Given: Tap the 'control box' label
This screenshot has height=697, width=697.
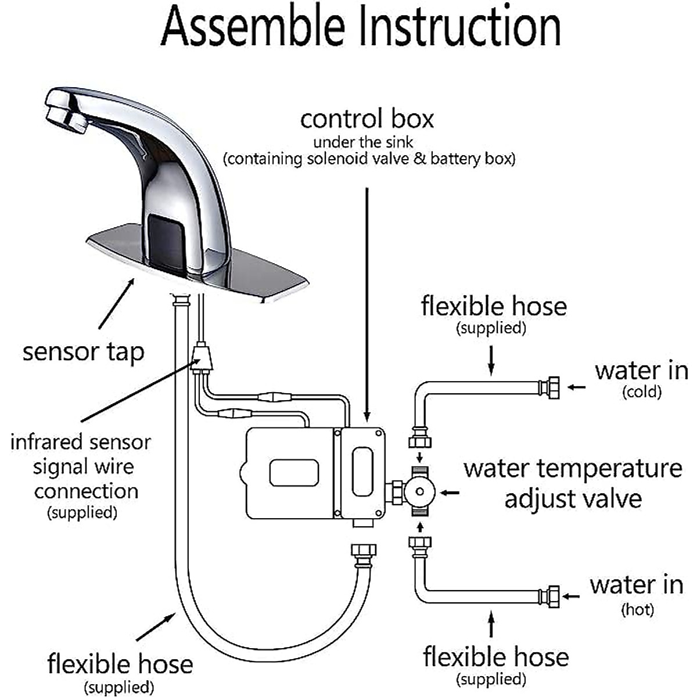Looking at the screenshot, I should tap(367, 119).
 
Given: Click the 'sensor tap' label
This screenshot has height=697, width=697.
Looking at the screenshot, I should tap(83, 352).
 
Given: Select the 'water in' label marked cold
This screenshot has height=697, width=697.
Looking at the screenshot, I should tap(641, 371).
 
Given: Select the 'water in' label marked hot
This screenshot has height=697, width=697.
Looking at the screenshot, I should tap(637, 585).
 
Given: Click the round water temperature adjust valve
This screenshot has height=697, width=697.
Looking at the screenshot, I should tap(419, 493).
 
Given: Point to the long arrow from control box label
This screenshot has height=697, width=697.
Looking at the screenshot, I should tap(367, 302).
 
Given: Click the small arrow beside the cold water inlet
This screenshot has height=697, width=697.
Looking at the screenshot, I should tap(576, 387).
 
